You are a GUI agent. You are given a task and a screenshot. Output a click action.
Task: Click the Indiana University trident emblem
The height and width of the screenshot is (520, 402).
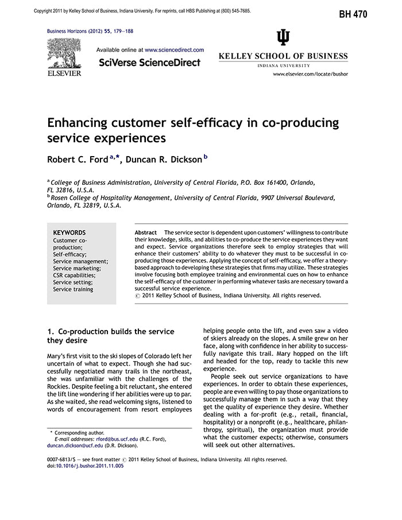pyautogui.click(x=283, y=38)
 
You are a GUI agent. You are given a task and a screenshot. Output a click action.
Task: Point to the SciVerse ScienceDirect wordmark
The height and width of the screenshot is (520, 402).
pyautogui.click(x=150, y=62)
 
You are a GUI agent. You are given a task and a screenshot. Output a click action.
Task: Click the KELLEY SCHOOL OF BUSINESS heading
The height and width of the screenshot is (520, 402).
pyautogui.click(x=283, y=56)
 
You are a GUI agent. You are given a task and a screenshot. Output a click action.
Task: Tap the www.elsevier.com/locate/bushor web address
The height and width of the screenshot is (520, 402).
pyautogui.click(x=310, y=74)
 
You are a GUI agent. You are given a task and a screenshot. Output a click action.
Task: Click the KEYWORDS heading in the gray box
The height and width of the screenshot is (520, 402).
pyautogui.click(x=69, y=232)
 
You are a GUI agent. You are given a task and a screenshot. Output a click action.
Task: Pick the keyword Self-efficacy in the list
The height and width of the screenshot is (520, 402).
pyautogui.click(x=69, y=254)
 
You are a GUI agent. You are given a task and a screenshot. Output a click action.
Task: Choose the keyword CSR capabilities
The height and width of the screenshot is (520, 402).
pyautogui.click(x=74, y=275)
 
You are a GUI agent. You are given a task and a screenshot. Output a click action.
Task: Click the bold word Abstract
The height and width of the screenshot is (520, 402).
pyautogui.click(x=146, y=232)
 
